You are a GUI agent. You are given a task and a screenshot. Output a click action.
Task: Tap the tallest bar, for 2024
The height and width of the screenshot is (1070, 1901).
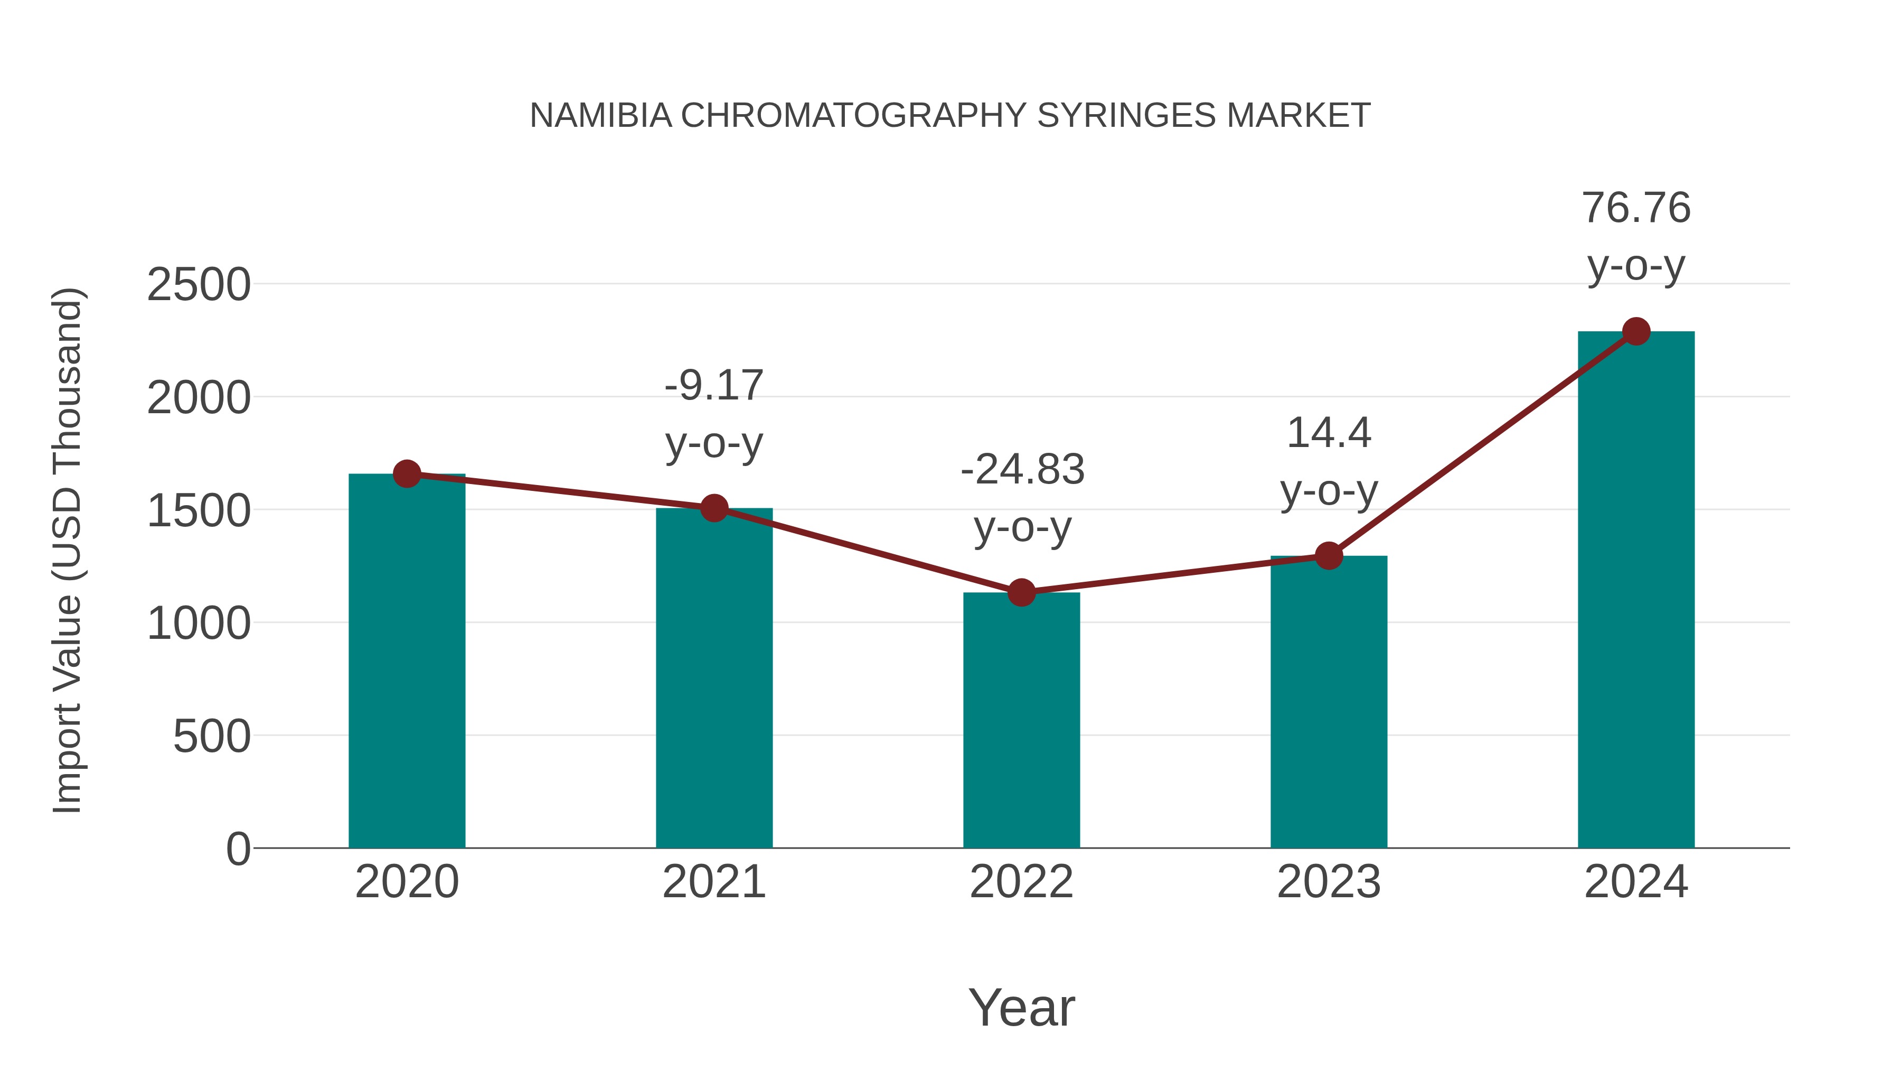pyautogui.click(x=1636, y=591)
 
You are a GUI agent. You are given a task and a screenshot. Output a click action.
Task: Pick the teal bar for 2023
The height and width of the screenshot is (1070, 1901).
pyautogui.click(x=1329, y=702)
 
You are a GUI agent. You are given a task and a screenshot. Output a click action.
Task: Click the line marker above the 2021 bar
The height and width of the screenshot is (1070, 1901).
pyautogui.click(x=713, y=508)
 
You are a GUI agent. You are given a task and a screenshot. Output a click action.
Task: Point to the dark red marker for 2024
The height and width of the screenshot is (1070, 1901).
pyautogui.click(x=1636, y=331)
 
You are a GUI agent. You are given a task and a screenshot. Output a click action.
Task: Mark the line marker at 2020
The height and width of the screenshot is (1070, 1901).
pyautogui.click(x=407, y=473)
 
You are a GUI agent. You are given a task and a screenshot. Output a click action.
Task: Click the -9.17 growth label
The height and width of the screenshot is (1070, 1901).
pyautogui.click(x=713, y=386)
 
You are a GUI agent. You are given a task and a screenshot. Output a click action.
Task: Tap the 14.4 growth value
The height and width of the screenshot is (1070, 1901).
pyautogui.click(x=1329, y=433)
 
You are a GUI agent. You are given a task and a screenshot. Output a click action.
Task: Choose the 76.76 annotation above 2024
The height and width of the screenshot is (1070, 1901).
pyautogui.click(x=1636, y=208)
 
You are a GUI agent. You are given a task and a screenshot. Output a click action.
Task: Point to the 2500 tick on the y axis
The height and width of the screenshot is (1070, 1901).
pyautogui.click(x=199, y=285)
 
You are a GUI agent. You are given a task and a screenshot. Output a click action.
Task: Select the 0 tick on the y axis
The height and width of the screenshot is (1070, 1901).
pyautogui.click(x=238, y=849)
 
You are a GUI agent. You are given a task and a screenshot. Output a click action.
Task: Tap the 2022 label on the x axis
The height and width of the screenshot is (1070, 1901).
pyautogui.click(x=1021, y=882)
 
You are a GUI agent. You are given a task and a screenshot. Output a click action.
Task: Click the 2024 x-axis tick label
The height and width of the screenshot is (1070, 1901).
pyautogui.click(x=1636, y=882)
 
